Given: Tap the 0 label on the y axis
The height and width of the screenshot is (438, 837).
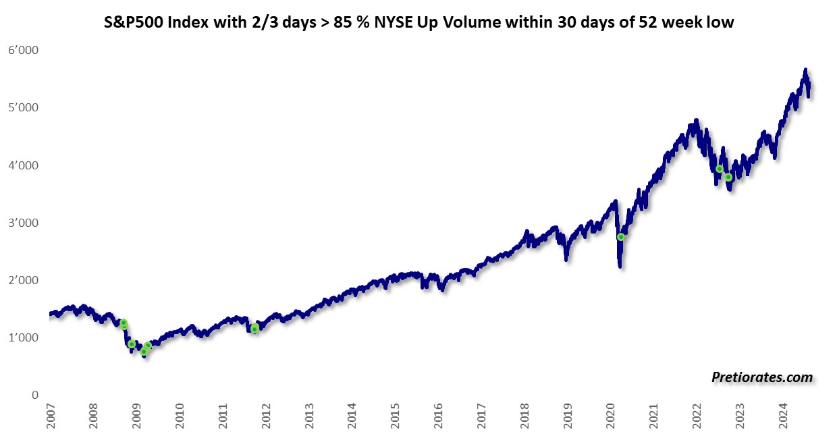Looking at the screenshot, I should point(34,395).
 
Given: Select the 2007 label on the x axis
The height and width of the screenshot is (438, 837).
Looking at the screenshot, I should point(50,418).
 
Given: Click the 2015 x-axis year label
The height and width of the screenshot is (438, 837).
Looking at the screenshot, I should point(395,418).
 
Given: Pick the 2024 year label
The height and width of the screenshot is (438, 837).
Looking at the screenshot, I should point(783,418).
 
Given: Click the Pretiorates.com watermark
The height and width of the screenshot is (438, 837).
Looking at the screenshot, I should point(762,378).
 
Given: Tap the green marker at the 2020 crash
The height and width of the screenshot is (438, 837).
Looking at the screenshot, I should point(621,237).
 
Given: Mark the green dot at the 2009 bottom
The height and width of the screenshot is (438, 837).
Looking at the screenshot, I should point(144,351).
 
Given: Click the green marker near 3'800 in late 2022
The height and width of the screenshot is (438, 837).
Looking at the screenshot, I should point(728,177).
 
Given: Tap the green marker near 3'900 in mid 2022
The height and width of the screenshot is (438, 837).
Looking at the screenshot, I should point(720,169).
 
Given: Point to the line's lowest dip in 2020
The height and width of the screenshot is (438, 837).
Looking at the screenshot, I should point(620,267).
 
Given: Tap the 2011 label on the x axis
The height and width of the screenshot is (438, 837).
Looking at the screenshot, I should point(222,418).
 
